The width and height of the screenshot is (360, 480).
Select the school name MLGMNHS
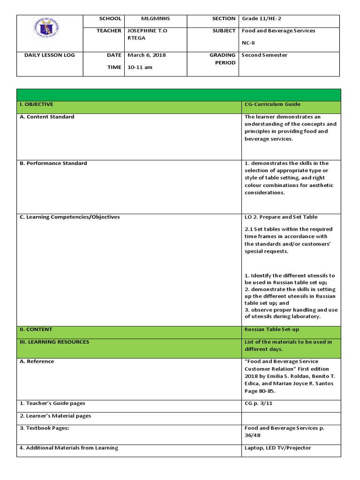click(156, 19)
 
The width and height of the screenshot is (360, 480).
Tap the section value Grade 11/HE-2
click(261, 19)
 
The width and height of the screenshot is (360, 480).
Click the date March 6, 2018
click(146, 55)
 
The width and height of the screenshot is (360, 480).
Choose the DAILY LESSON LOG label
click(50, 55)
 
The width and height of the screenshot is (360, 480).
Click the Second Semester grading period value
click(264, 55)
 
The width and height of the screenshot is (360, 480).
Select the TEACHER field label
click(109, 31)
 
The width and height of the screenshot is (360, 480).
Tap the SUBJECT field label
click(224, 31)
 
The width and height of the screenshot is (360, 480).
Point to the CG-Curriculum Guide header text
click(272, 105)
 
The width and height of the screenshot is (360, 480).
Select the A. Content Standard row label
click(47, 117)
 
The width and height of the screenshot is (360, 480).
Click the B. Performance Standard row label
click(53, 164)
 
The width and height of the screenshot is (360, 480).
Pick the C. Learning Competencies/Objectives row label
click(69, 217)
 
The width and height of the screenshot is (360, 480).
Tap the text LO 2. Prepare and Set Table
click(281, 217)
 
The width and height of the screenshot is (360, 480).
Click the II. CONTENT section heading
click(36, 330)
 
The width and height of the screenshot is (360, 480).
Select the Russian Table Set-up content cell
click(271, 330)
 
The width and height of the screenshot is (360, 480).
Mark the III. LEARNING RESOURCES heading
click(54, 342)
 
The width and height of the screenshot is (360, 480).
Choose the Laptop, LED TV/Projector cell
click(277, 448)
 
